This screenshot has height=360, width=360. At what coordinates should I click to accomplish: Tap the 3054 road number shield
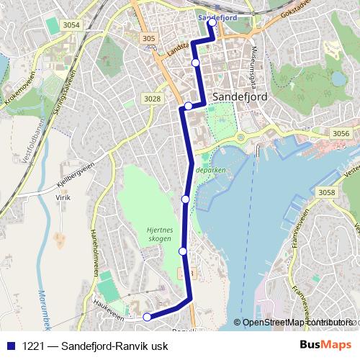click(71, 25)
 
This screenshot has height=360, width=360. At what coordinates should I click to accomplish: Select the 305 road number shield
click(149, 39)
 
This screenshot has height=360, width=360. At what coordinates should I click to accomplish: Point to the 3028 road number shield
click(152, 99)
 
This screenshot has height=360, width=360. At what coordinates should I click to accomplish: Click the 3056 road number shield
click(341, 134)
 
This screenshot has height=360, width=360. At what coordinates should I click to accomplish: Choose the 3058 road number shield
click(327, 192)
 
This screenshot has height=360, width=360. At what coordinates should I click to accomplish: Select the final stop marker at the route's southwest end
click(147, 317)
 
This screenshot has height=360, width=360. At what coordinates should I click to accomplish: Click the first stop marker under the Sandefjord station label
click(212, 22)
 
